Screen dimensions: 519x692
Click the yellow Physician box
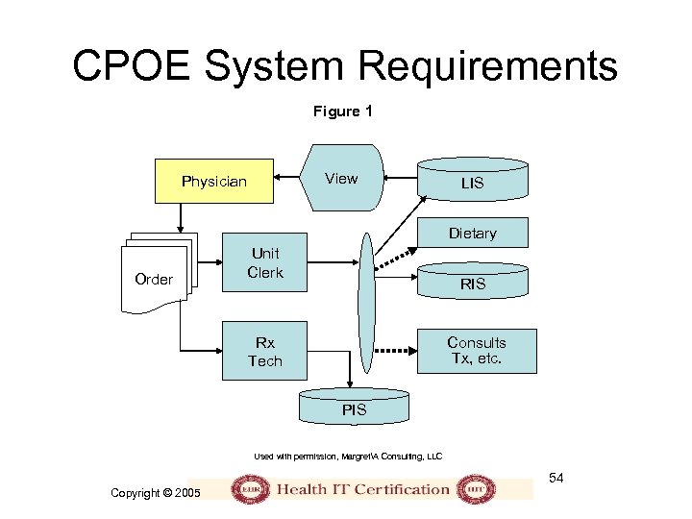[214, 182]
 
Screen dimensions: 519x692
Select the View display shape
[341, 179]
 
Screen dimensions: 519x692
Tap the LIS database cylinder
[472, 183]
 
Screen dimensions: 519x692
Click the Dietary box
[472, 233]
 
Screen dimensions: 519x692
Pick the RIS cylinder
[472, 284]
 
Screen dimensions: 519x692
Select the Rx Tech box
[265, 352]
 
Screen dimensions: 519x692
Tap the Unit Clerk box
[265, 262]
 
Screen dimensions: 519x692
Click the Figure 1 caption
[342, 111]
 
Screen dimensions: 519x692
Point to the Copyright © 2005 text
[156, 493]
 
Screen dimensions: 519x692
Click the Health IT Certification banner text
[363, 488]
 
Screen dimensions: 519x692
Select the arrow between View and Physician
[289, 179]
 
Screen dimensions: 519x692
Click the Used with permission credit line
[348, 456]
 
